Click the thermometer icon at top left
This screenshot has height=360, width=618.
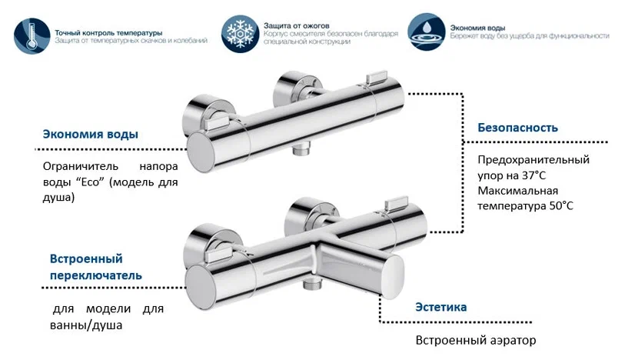pos(33,35)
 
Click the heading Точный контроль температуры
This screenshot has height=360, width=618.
pos(108,33)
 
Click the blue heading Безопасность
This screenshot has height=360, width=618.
pos(517,128)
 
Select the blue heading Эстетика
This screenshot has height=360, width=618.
pos(440,307)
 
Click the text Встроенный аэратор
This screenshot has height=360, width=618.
pos(474,340)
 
